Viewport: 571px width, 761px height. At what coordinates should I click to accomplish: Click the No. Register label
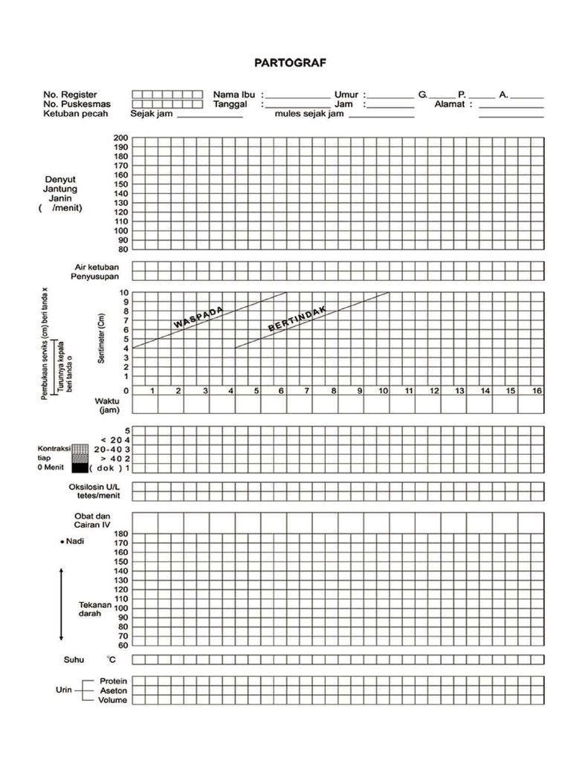[71, 95]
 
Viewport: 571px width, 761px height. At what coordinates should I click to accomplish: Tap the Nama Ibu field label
[234, 95]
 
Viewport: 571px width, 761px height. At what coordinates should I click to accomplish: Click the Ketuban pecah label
[76, 114]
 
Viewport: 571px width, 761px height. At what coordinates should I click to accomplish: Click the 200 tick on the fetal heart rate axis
[120, 138]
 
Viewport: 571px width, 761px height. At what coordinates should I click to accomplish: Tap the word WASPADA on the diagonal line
[199, 317]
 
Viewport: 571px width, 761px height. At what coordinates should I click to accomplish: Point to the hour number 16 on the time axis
[537, 391]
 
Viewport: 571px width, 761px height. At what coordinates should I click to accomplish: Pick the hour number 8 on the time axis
[334, 391]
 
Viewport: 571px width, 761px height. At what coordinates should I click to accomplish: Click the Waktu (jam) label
[107, 405]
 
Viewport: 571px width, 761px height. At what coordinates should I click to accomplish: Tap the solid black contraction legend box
[80, 468]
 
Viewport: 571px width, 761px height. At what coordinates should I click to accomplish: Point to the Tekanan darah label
[94, 609]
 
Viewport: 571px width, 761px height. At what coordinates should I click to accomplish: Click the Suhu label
[74, 660]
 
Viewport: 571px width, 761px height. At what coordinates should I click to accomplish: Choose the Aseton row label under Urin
[113, 690]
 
